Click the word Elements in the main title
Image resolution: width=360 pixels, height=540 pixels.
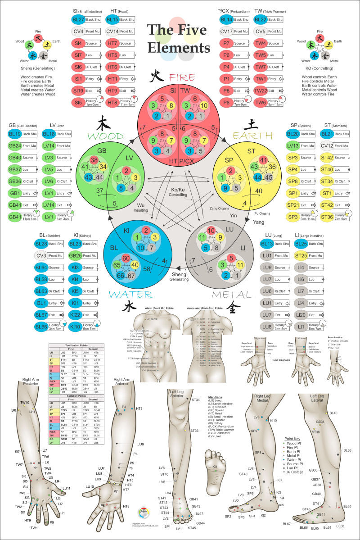tap(179, 47)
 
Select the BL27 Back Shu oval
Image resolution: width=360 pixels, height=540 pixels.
tap(78, 20)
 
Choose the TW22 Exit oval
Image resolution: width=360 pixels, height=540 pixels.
tap(261, 90)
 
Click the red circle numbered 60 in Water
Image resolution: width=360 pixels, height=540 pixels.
tap(126, 258)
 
